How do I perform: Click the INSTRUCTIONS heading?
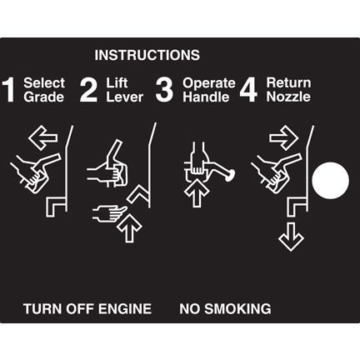(147, 55)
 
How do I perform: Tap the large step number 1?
(8, 90)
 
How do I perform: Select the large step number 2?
(88, 90)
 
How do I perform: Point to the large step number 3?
(164, 90)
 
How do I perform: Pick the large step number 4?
(248, 90)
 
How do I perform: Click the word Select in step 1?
(44, 82)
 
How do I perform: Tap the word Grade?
(44, 97)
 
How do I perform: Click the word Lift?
(117, 82)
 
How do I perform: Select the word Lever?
(125, 97)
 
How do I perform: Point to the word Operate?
(209, 83)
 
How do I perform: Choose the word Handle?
(206, 97)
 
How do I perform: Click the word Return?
(288, 82)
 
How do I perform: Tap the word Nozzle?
(288, 97)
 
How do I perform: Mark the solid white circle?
(331, 181)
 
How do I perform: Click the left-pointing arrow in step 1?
(43, 137)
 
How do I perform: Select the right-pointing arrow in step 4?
(284, 137)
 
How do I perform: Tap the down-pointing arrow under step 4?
(291, 237)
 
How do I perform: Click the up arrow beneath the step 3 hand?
(197, 193)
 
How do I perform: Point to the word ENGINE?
(125, 309)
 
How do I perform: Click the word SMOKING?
(237, 309)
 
